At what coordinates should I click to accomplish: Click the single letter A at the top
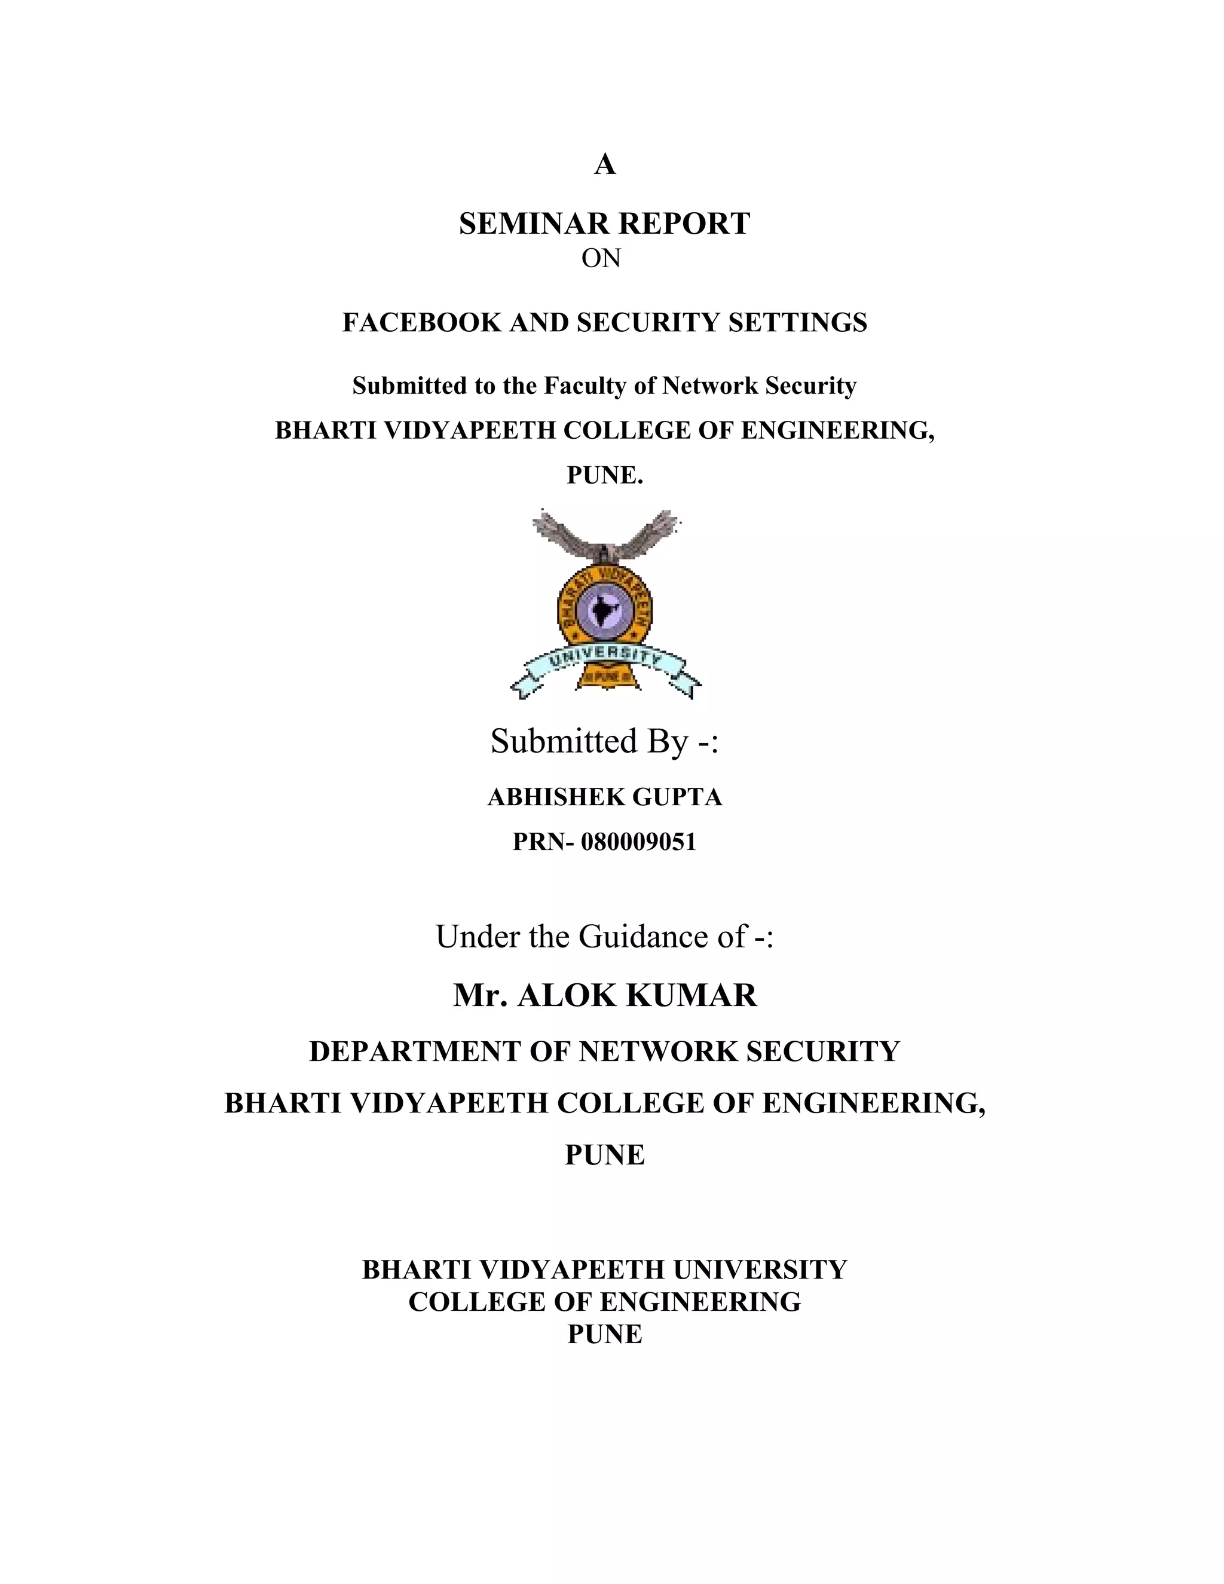[x=605, y=166]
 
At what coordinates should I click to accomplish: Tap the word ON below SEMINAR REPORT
[x=601, y=258]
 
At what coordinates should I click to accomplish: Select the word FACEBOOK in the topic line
[x=421, y=322]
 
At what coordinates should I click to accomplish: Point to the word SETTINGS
[x=798, y=322]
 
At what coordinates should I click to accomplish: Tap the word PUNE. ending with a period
[x=605, y=475]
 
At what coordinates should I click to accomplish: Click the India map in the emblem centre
[x=603, y=611]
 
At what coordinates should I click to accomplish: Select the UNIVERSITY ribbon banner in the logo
[x=605, y=662]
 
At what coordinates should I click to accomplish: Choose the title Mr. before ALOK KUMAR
[x=479, y=995]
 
